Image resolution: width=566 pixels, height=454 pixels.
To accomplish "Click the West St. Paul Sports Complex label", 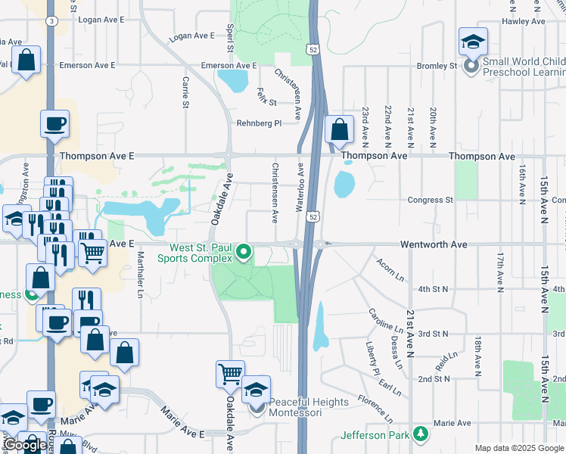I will click(195, 253).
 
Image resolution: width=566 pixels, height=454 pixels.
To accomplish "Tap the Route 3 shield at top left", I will click(51, 21).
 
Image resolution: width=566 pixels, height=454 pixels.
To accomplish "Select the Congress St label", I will click(430, 201).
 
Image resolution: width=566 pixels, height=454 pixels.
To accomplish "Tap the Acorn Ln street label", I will click(390, 266).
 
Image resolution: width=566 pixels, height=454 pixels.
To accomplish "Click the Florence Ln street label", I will click(375, 408).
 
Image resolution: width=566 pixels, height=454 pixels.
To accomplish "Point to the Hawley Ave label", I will click(523, 21).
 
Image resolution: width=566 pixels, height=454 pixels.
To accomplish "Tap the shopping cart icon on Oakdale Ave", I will click(230, 372).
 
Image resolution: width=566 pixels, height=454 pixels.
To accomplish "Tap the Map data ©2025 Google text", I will click(519, 448).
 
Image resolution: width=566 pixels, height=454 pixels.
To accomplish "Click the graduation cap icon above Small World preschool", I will click(473, 42).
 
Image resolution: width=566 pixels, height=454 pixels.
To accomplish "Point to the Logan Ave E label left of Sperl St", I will click(192, 36).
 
